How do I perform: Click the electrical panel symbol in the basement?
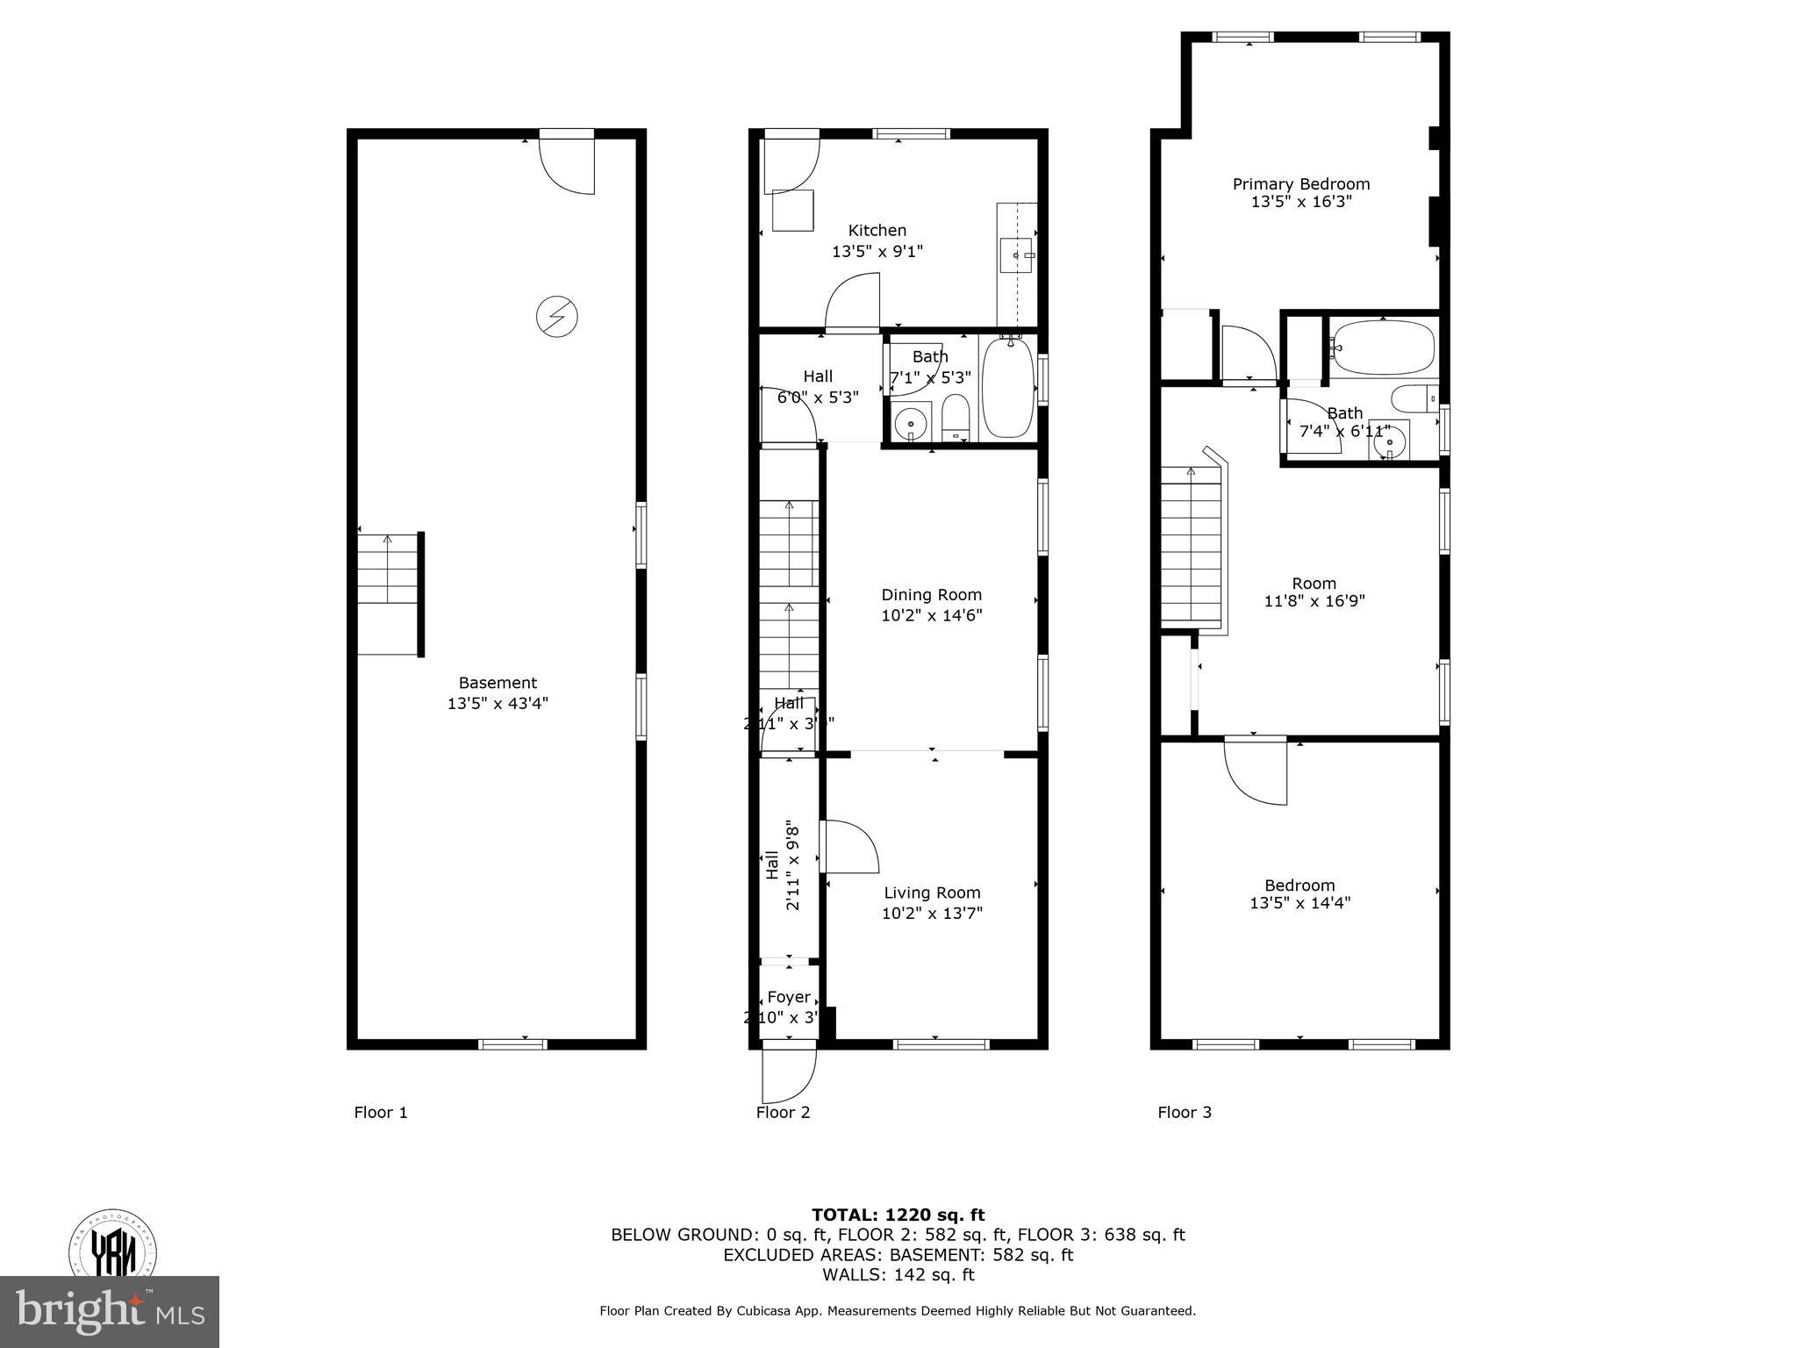tap(557, 316)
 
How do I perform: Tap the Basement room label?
tap(498, 683)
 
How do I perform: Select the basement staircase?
tap(388, 594)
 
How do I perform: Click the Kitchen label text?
tap(877, 231)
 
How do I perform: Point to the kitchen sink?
tap(1017, 255)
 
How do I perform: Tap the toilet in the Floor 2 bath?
tap(955, 418)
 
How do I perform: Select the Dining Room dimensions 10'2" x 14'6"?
tap(931, 616)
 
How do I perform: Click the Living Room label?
tap(931, 893)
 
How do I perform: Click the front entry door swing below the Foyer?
tap(788, 1074)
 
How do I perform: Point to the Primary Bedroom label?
tap(1300, 184)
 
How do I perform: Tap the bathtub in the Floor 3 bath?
tap(1382, 348)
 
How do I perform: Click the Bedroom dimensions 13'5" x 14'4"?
tap(1299, 903)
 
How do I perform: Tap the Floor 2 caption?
tap(783, 1113)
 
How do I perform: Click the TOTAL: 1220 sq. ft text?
tap(898, 1215)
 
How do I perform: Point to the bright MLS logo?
tap(109, 1312)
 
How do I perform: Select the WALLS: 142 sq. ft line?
tap(898, 1275)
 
